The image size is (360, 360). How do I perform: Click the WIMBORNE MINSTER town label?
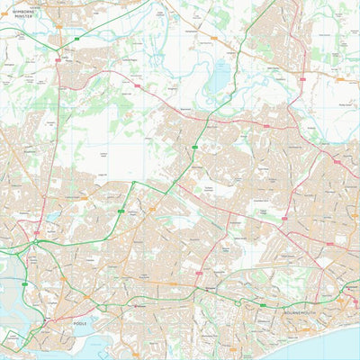point(34,13)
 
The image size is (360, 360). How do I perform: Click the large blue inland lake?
point(219,81)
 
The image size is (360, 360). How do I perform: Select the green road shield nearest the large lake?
point(194,146)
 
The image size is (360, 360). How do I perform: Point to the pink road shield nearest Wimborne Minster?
point(58,61)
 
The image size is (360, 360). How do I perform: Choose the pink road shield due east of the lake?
point(304,79)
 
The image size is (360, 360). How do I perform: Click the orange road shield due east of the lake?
point(340,79)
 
